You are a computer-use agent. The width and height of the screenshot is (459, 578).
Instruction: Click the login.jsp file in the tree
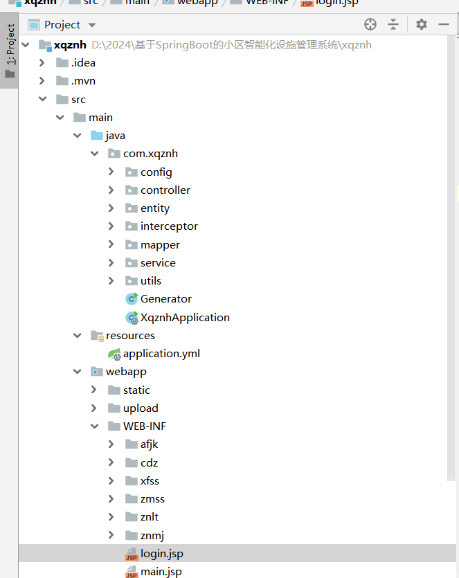pyautogui.click(x=161, y=554)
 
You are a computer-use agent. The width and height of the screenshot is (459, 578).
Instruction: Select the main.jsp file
pyautogui.click(x=161, y=572)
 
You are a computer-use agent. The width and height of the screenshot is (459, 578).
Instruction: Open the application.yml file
pyautogui.click(x=161, y=354)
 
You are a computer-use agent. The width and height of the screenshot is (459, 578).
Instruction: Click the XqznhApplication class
pyautogui.click(x=184, y=318)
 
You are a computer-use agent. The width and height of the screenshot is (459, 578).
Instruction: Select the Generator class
pyautogui.click(x=165, y=299)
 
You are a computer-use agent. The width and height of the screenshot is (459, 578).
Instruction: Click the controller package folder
pyautogui.click(x=165, y=190)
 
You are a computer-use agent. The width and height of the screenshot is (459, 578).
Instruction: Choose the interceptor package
pyautogui.click(x=169, y=226)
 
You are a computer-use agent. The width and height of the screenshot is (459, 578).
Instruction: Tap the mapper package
pyautogui.click(x=160, y=245)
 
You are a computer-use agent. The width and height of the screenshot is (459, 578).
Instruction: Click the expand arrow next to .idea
pyautogui.click(x=42, y=63)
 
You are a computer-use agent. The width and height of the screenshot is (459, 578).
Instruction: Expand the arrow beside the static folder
pyautogui.click(x=94, y=390)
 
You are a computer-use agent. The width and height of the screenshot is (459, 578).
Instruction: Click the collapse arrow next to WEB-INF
pyautogui.click(x=94, y=426)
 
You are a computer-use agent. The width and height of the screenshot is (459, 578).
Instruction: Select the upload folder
pyautogui.click(x=140, y=408)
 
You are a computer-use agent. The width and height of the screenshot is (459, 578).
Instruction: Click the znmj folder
pyautogui.click(x=152, y=535)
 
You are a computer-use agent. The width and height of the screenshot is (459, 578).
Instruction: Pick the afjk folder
pyautogui.click(x=149, y=444)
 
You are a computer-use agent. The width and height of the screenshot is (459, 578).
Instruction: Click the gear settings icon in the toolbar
pyautogui.click(x=422, y=25)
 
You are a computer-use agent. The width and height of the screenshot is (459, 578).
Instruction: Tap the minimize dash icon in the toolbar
pyautogui.click(x=444, y=25)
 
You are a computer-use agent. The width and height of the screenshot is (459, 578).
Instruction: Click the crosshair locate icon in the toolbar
pyautogui.click(x=370, y=25)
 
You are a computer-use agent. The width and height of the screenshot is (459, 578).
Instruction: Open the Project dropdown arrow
pyautogui.click(x=92, y=26)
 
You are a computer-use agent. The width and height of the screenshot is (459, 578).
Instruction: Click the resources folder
pyautogui.click(x=129, y=336)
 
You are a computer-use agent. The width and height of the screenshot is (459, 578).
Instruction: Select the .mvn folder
pyautogui.click(x=82, y=81)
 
